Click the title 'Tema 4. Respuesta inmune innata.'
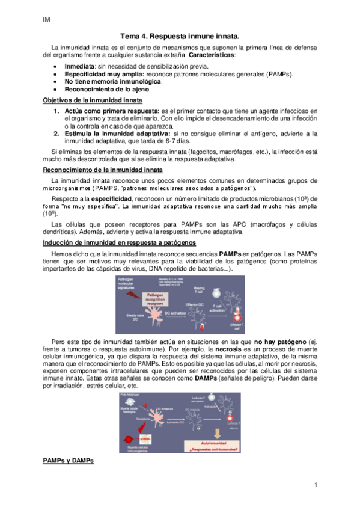tap(180, 37)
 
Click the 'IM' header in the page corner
tap(46, 19)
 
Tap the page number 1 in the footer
tap(315, 485)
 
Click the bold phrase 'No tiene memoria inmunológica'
tap(112, 81)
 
